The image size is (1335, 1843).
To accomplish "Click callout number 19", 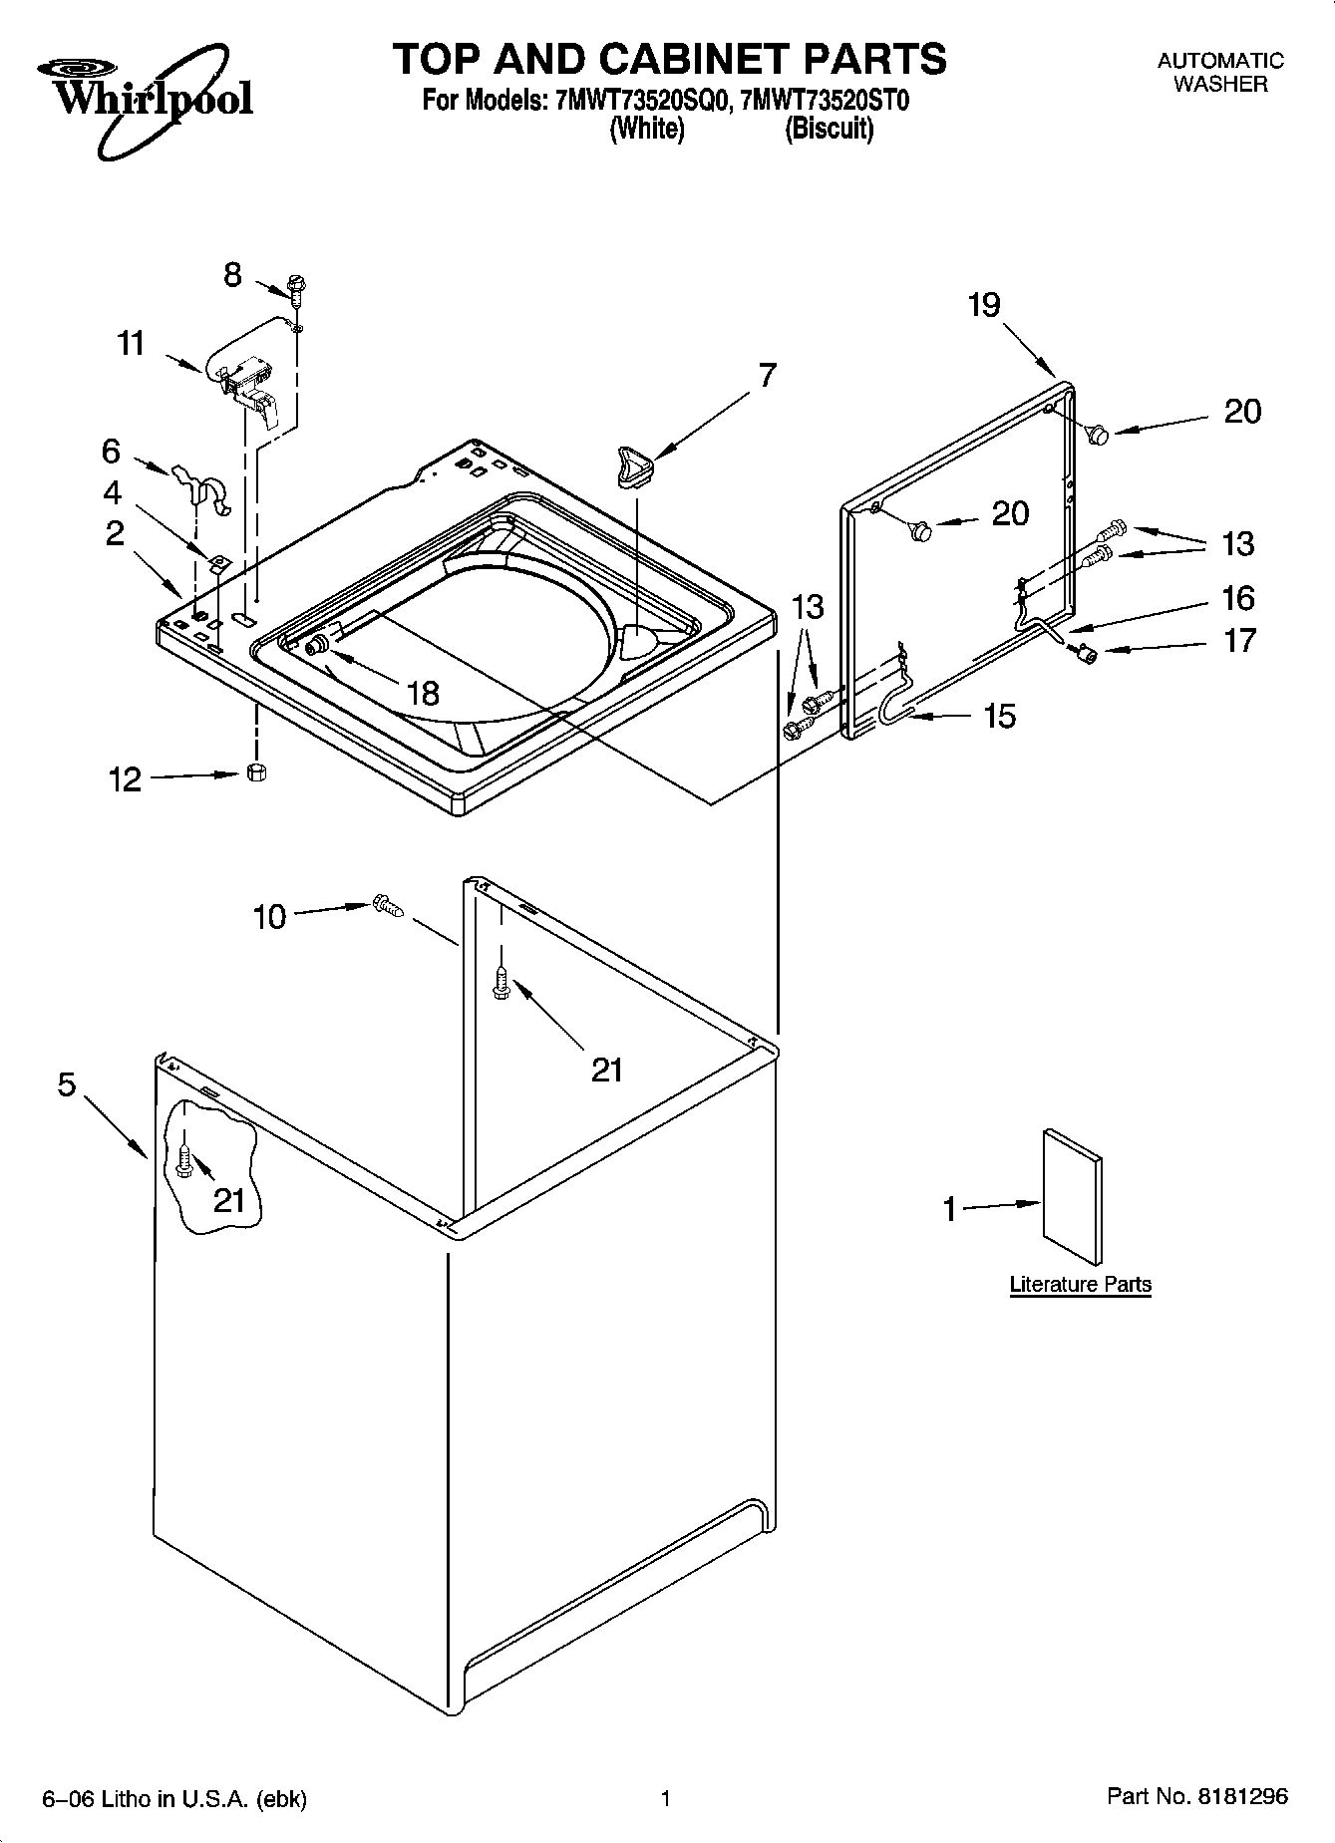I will (984, 305).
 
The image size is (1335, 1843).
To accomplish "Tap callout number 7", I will (766, 376).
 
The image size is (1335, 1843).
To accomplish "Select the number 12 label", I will (125, 779).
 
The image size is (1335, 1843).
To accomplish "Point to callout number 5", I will (67, 1083).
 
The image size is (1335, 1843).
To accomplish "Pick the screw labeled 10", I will (387, 905).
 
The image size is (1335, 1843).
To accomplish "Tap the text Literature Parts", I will (1080, 1285).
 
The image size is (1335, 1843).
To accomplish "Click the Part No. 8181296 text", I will (1196, 1797).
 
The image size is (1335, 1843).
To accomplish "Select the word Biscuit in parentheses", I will (829, 129).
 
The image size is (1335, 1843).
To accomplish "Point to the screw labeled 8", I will (296, 288).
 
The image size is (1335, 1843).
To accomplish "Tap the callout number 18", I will (424, 693).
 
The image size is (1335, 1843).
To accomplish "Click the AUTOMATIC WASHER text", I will (1220, 72).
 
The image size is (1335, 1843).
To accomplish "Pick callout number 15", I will (999, 716).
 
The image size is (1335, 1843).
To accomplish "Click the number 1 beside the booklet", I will (949, 1210).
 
